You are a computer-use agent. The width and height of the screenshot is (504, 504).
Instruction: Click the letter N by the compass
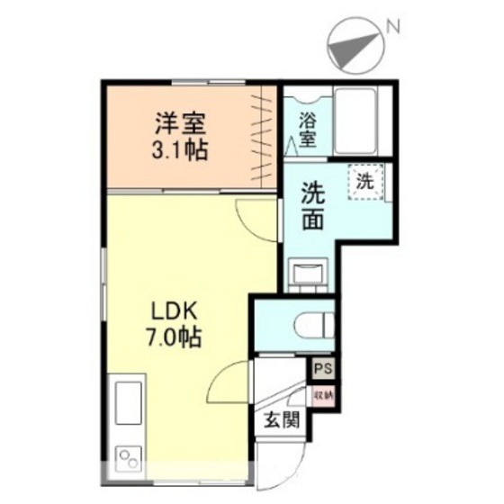pyautogui.click(x=393, y=27)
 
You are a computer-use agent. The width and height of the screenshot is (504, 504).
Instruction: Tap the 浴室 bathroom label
pyautogui.click(x=308, y=128)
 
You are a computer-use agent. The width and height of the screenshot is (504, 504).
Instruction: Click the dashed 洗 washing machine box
pyautogui.click(x=366, y=181)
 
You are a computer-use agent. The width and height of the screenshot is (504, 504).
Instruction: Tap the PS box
pyautogui.click(x=322, y=367)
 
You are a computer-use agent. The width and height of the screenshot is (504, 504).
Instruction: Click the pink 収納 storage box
pyautogui.click(x=322, y=393)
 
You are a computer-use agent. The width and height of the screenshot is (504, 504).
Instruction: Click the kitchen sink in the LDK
pyautogui.click(x=125, y=403)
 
